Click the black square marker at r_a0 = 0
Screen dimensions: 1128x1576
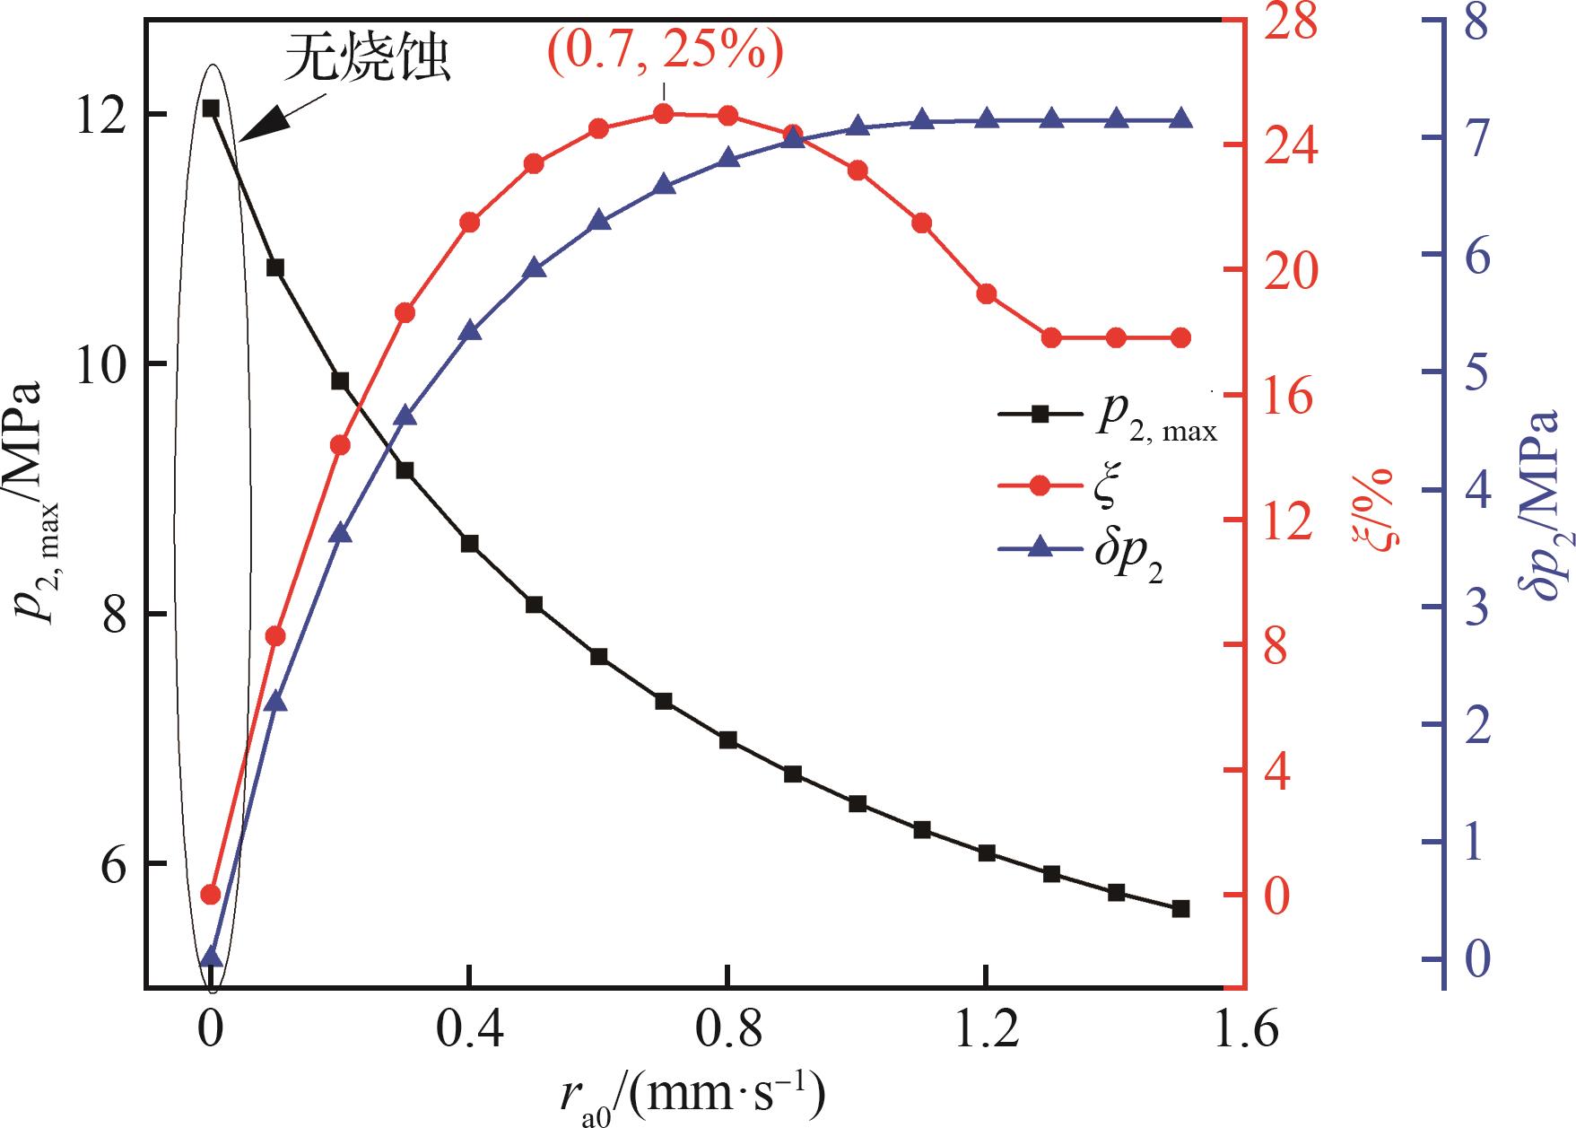[x=211, y=109]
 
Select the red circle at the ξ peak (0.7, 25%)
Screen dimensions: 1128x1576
[x=664, y=114]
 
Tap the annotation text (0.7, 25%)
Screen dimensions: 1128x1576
[x=665, y=52]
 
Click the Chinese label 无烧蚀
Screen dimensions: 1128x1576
[x=368, y=61]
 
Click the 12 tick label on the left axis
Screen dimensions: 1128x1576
[x=99, y=115]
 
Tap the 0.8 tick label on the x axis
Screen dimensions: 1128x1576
[x=727, y=1031]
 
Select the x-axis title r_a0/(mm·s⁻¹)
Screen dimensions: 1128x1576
[x=690, y=1094]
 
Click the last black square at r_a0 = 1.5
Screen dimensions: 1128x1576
[x=1180, y=909]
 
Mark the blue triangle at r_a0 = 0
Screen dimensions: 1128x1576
[x=211, y=957]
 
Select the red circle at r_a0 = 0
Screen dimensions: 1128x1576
[x=211, y=894]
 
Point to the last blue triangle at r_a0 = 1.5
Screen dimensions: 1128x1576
[x=1180, y=119]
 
